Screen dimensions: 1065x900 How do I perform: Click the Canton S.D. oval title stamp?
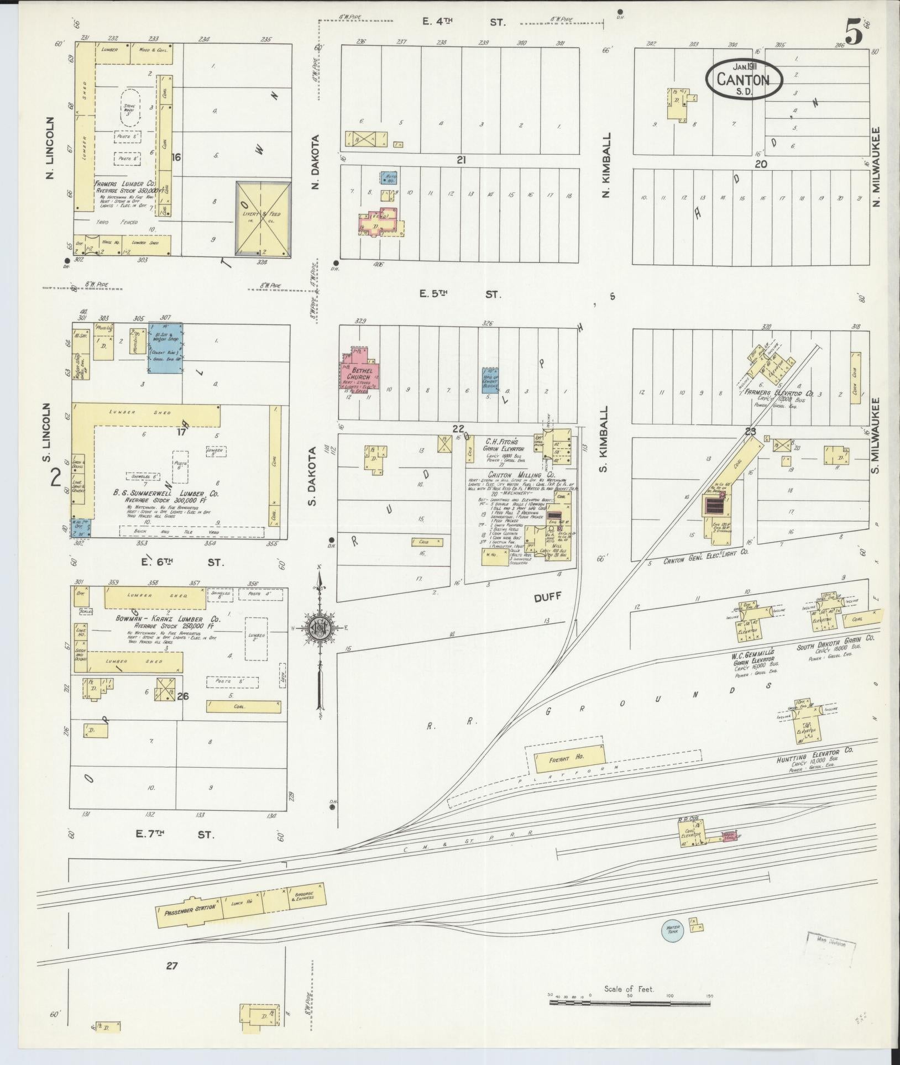point(744,80)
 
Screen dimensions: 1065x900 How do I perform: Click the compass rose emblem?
point(319,628)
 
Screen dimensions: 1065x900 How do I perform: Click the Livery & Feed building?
point(263,218)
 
